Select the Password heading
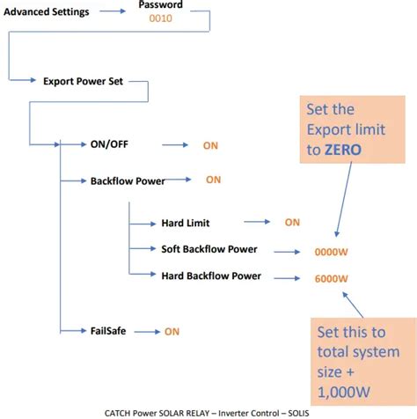162,5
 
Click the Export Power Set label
84,79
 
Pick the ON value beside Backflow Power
214,180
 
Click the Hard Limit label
186,224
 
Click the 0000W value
331,252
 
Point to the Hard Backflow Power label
211,276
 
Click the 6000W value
331,279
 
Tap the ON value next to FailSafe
172,331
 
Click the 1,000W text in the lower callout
342,387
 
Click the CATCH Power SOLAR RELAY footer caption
208,411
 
